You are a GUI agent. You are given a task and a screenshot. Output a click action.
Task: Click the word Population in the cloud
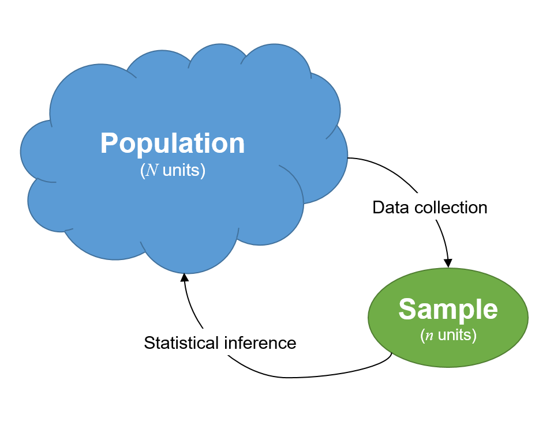tap(173, 144)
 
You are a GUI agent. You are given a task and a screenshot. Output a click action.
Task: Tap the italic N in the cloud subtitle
tap(153, 171)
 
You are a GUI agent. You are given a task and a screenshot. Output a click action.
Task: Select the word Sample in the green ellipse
tap(448, 310)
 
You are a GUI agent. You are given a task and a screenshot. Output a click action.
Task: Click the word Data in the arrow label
tap(387, 208)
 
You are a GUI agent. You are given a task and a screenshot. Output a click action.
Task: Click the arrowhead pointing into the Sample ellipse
tap(448, 262)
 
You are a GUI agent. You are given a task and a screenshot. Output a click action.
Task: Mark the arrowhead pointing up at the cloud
tap(184, 277)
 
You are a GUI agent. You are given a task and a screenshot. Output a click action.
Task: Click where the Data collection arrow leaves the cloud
tap(348, 157)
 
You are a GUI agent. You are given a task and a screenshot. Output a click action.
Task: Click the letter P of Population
tap(110, 144)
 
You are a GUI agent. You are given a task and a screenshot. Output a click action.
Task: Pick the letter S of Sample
tap(407, 310)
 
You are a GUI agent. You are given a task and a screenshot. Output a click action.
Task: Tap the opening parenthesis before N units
tap(143, 171)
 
